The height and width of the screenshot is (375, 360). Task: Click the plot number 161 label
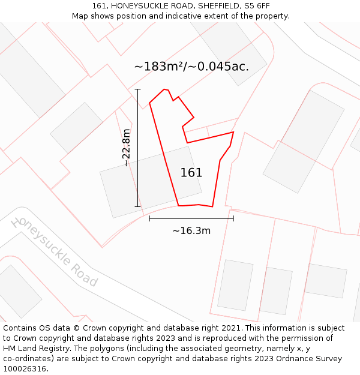tap(191, 173)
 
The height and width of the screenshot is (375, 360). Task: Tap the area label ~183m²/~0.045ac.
tap(191, 67)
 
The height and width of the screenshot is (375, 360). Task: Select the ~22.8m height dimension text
tap(126, 148)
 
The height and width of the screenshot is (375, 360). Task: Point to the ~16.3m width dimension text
tap(191, 230)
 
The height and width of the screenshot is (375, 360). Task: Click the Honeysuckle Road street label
tap(55, 251)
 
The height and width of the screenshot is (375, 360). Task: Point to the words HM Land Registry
tap(32, 349)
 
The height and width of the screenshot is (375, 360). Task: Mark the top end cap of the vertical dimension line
tap(138, 89)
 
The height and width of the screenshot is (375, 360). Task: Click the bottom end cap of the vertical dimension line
tap(138, 207)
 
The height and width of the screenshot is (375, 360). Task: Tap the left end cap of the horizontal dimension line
tap(149, 218)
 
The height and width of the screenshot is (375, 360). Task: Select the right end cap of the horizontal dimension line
tap(233, 218)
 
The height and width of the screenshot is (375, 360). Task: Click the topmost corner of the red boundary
tap(164, 89)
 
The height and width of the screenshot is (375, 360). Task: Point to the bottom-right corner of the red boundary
tap(212, 207)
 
